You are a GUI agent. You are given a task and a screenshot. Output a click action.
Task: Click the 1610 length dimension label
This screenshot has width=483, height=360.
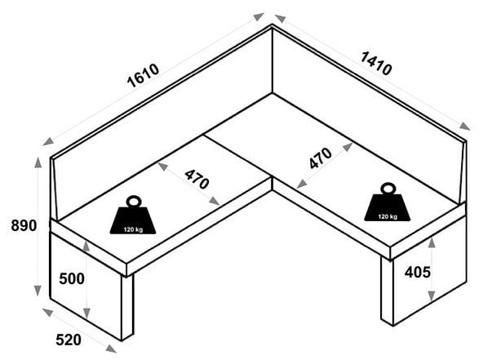coord(144,76)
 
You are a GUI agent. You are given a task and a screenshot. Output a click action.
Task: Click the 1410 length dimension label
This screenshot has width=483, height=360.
coord(376,64)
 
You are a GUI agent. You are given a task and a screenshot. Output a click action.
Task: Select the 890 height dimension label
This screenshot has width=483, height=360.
coord(24,225)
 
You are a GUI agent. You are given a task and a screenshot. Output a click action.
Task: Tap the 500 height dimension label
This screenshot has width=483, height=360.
coord(72,279)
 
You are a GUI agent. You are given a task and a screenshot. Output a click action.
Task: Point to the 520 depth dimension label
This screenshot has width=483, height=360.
coord(69,340)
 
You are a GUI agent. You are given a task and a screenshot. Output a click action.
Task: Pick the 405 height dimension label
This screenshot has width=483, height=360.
coord(418,272)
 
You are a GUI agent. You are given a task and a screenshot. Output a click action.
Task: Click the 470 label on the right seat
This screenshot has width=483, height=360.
coord(321,158)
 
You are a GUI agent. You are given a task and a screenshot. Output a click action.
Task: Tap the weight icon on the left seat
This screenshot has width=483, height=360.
coord(133,215)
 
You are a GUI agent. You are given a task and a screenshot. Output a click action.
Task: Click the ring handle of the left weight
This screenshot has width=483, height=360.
coord(133,201)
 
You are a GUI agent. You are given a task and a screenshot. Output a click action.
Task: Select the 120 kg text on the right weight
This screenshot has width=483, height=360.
coord(388,216)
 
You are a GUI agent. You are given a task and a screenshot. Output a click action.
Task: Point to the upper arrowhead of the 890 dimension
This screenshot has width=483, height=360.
coord(38,162)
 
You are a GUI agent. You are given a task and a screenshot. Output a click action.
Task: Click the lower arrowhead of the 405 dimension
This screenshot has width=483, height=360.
coord(432,296)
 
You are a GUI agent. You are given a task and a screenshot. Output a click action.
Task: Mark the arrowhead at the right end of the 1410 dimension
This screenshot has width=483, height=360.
coord(465,126)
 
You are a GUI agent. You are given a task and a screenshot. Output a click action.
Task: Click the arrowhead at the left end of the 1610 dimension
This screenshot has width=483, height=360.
coord(48,141)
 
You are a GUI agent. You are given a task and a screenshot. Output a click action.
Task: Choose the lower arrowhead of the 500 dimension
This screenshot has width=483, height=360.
coord(86,313)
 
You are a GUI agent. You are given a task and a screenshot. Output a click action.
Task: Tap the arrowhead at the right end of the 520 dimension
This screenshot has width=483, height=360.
coord(111,349)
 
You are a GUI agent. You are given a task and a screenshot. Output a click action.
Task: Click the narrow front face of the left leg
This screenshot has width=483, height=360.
coord(127,307)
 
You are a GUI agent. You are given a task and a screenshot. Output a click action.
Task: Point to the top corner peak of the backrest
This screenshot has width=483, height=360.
coord(272,24)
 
